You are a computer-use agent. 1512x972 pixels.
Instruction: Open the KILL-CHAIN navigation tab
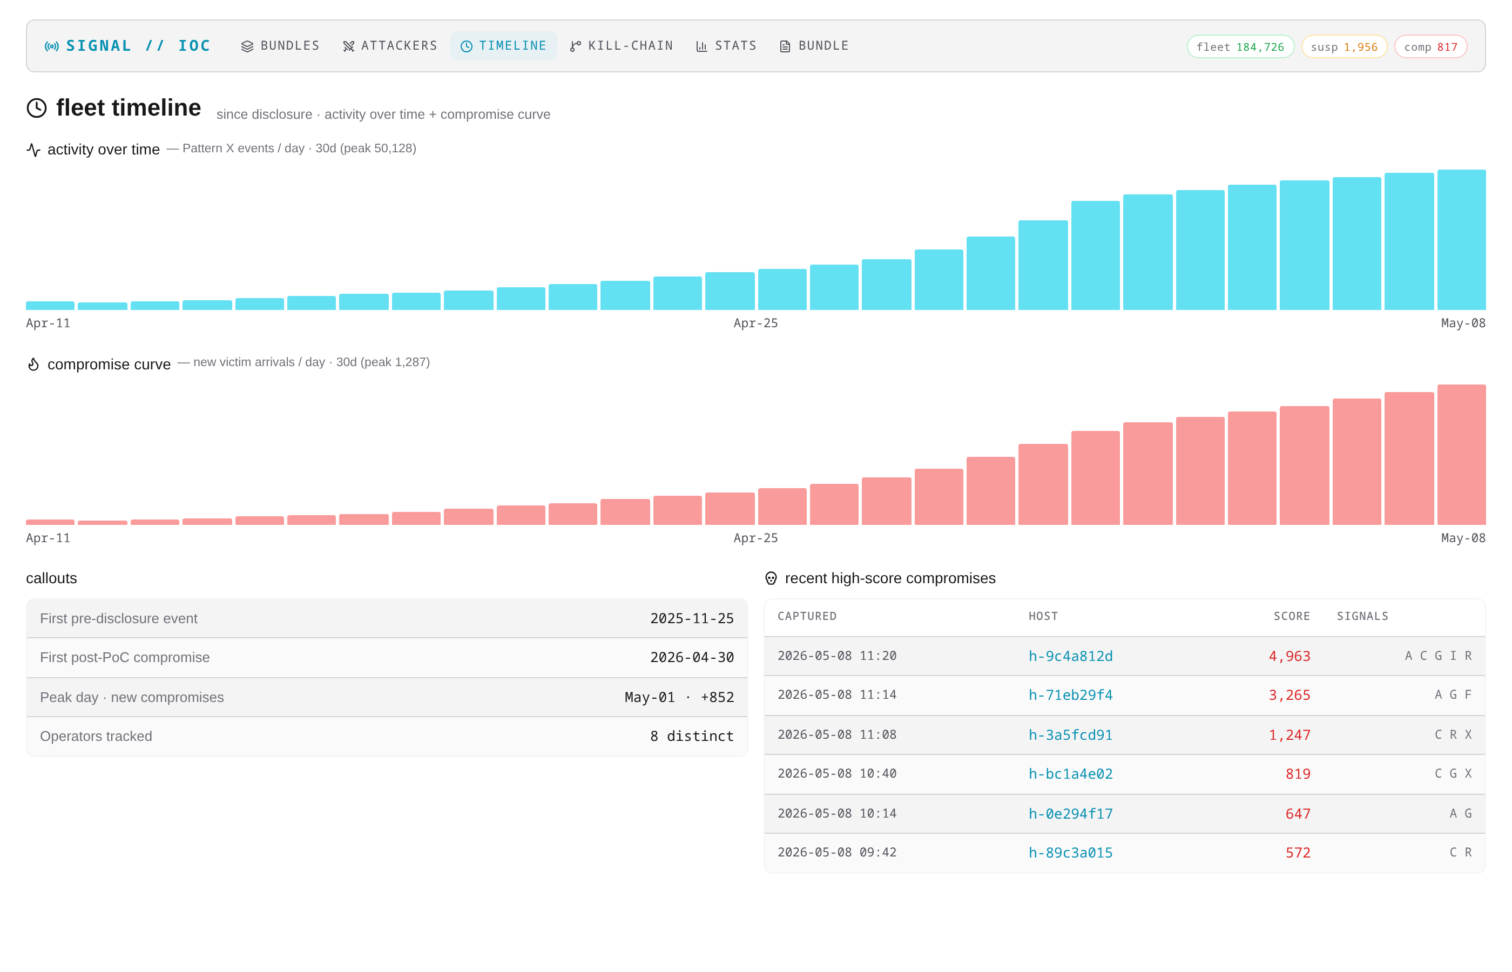pyautogui.click(x=622, y=46)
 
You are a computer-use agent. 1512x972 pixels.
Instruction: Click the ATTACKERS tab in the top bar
pyautogui.click(x=390, y=46)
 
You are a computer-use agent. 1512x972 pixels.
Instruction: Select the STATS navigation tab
pyautogui.click(x=726, y=46)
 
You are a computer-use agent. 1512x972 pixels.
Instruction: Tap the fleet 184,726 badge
pyautogui.click(x=1240, y=46)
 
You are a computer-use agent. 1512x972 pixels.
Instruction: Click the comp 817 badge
pyautogui.click(x=1430, y=46)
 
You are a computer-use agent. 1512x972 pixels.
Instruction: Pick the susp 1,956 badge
pyautogui.click(x=1344, y=46)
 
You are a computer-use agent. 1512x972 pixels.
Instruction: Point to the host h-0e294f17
pyautogui.click(x=1070, y=814)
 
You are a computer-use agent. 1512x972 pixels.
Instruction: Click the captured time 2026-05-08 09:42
pyautogui.click(x=837, y=852)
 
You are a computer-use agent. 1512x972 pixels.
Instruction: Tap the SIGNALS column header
pyautogui.click(x=1362, y=616)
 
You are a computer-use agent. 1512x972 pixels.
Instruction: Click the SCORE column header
pyautogui.click(x=1292, y=616)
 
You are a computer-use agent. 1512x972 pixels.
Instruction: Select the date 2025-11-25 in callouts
pyautogui.click(x=692, y=618)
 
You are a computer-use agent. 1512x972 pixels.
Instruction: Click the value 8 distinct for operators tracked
pyautogui.click(x=692, y=736)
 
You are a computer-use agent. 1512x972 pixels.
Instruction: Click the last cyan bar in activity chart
pyautogui.click(x=1462, y=240)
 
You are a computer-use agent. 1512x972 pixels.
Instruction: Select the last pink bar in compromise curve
pyautogui.click(x=1462, y=455)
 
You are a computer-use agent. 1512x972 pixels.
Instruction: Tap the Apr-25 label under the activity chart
pyautogui.click(x=755, y=323)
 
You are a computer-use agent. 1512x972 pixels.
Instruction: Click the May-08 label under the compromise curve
pyautogui.click(x=1463, y=538)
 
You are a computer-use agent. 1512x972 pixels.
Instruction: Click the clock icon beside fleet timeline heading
pyautogui.click(x=37, y=108)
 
